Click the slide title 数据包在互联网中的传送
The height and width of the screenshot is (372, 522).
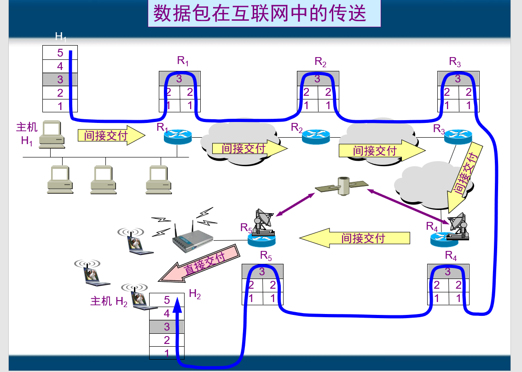tap(260, 13)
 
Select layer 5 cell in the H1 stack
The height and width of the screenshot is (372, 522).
tap(60, 53)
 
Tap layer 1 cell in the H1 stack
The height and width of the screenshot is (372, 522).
tap(60, 106)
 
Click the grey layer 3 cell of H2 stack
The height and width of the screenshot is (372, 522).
tap(167, 327)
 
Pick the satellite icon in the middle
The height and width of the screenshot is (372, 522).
tap(342, 185)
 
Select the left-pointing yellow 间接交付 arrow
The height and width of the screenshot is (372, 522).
tap(354, 238)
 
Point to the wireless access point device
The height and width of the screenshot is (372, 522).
tap(192, 240)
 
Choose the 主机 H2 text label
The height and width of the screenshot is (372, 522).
tap(109, 302)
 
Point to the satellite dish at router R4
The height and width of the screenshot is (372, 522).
tap(459, 226)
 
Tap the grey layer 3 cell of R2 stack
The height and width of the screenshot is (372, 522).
tap(318, 79)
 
